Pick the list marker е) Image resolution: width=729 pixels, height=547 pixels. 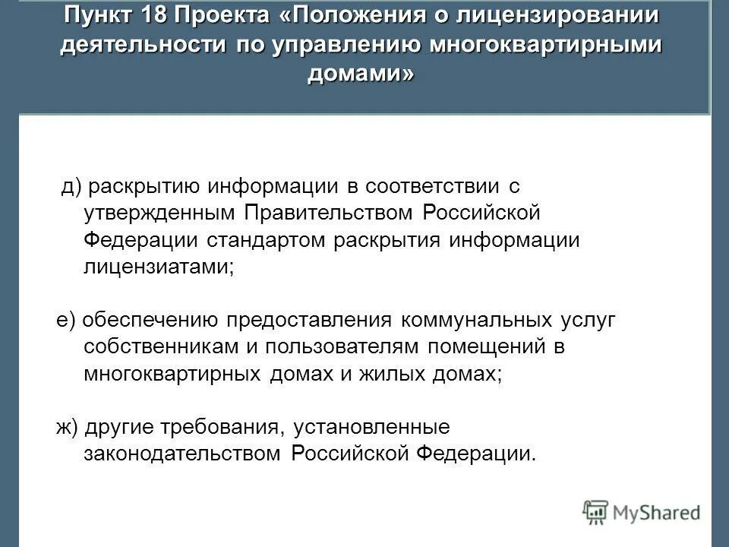67,320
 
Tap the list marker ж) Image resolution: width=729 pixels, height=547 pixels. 69,427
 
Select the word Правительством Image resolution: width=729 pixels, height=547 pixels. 331,213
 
